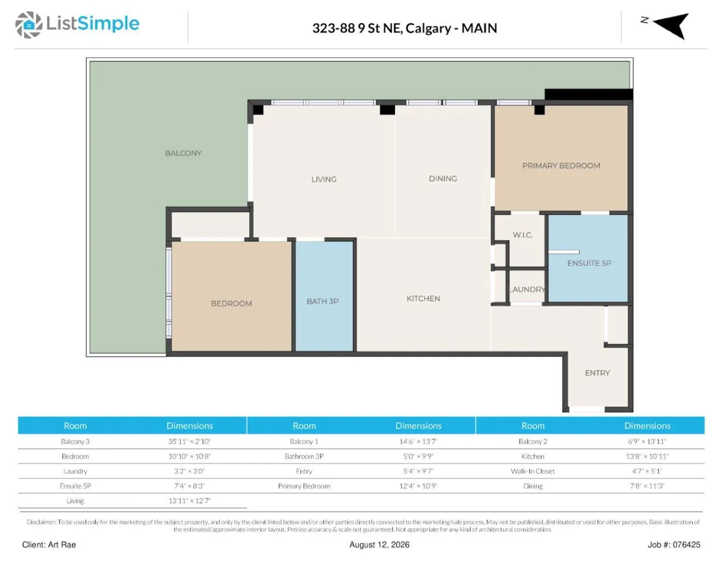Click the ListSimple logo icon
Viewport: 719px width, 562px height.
[x=29, y=25]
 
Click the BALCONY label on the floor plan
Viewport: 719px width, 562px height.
[x=183, y=153]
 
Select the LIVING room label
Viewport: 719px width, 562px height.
[x=324, y=179]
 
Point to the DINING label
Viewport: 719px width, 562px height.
[x=443, y=179]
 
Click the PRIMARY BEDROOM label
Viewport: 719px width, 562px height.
[x=561, y=166]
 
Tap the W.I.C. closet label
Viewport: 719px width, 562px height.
[x=522, y=235]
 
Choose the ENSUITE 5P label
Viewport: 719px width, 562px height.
[x=589, y=263]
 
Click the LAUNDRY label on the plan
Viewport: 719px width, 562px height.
[x=526, y=290]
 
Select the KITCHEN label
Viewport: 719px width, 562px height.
[x=423, y=298]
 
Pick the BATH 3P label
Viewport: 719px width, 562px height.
[x=322, y=302]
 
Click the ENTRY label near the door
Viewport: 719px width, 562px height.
[x=597, y=373]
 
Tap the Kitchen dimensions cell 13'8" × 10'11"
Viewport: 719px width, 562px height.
[x=647, y=457]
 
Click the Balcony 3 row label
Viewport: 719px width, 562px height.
[x=75, y=442]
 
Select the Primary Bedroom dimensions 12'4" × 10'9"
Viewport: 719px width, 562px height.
[x=418, y=486]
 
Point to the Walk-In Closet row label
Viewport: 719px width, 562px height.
[x=533, y=471]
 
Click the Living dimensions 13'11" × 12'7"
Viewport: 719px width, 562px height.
[x=189, y=501]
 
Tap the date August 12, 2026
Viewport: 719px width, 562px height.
[x=379, y=544]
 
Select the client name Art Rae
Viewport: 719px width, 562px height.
[x=62, y=544]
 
